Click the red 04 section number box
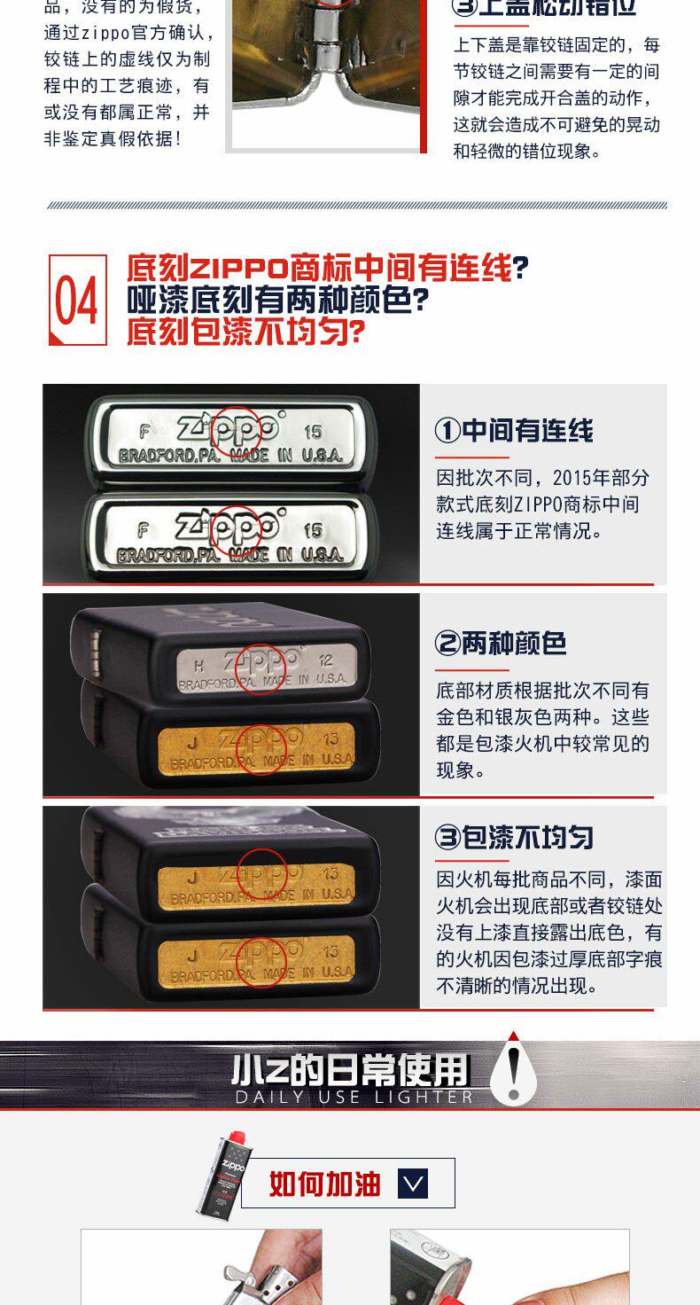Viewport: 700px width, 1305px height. pos(78,300)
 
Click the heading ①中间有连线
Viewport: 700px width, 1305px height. pos(514,431)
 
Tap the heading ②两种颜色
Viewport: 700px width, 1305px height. pos(501,644)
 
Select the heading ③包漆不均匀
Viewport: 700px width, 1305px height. pos(514,838)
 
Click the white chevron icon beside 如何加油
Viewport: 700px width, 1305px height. pos(413,1183)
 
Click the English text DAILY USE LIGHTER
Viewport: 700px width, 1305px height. pos(354,1097)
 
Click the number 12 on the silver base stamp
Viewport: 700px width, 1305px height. pos(327,660)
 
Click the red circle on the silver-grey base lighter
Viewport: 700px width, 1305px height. pos(261,668)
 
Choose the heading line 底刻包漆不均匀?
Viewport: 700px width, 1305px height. pos(245,332)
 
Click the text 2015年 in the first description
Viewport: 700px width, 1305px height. pos(579,478)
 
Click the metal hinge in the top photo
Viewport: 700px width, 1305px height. pos(329,44)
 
